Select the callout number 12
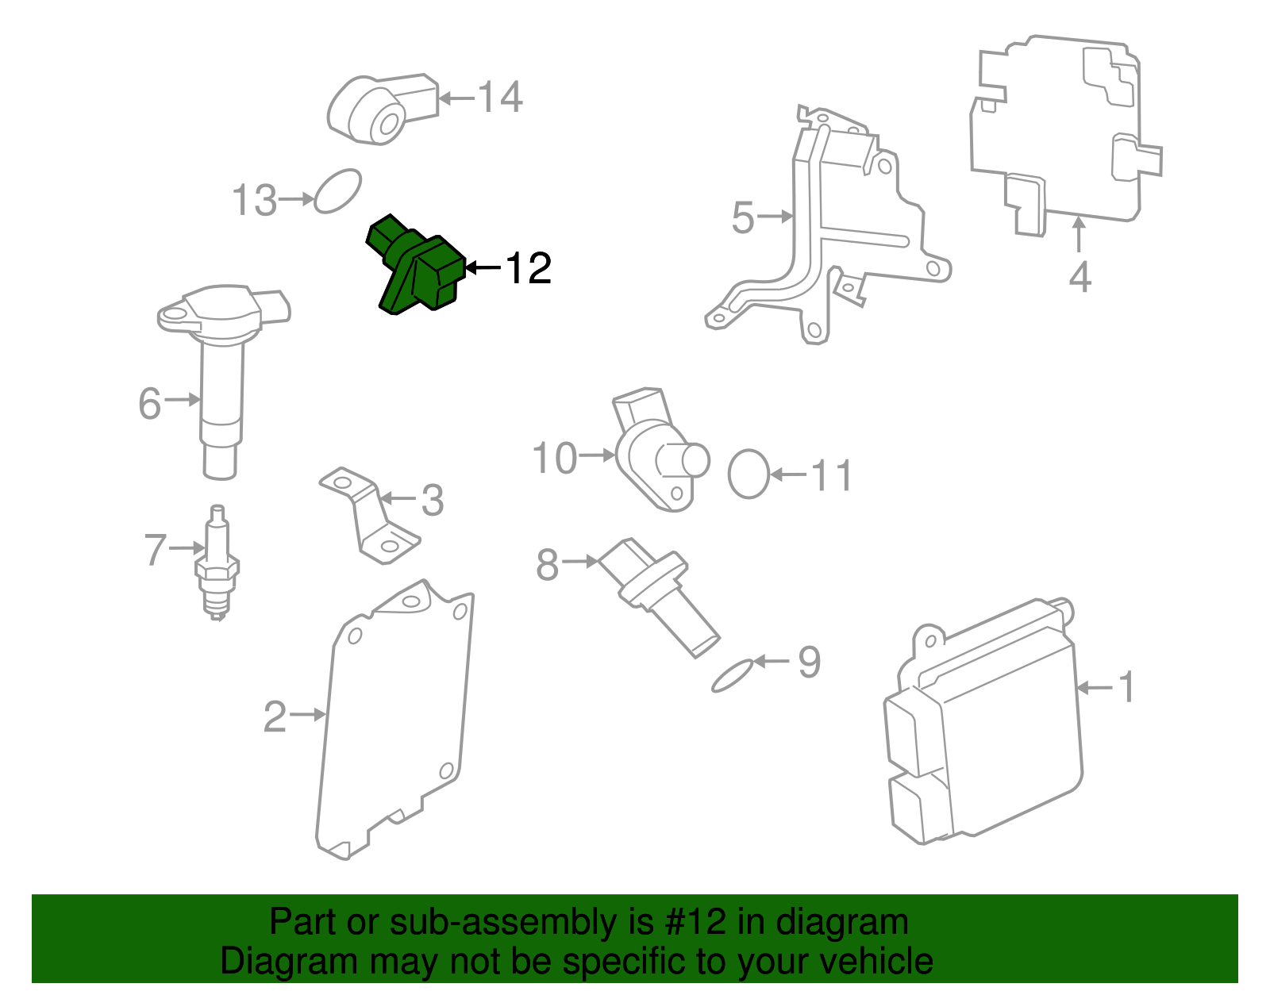point(529,269)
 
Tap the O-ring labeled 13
point(338,191)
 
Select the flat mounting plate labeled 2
point(397,722)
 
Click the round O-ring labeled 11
point(749,474)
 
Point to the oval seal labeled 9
point(732,675)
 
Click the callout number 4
point(1079,277)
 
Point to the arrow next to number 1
point(1095,687)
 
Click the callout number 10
point(555,459)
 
